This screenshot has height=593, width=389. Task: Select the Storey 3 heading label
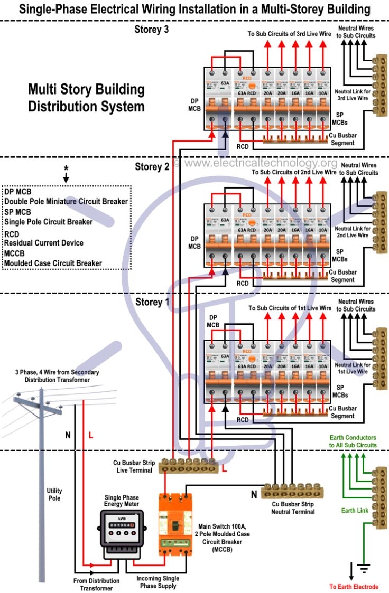[151, 30]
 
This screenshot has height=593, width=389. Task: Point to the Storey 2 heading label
[152, 167]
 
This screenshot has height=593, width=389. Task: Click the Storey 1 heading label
[152, 303]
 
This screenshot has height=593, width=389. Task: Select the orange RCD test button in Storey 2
[246, 224]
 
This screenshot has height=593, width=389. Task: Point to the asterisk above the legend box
[66, 168]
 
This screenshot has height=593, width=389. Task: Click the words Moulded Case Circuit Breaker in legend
[53, 263]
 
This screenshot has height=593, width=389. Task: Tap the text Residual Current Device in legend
[43, 242]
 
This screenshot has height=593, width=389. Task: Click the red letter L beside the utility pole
[90, 436]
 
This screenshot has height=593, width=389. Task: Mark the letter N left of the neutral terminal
[253, 494]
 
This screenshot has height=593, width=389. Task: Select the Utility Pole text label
[54, 494]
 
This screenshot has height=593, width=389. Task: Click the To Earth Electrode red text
[354, 587]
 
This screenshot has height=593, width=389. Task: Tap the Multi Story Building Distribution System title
[86, 98]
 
